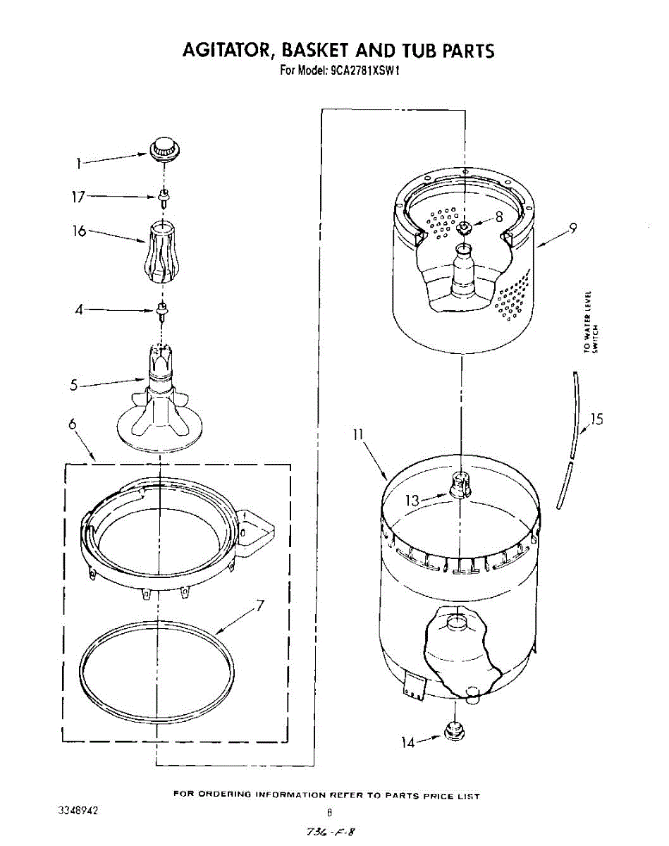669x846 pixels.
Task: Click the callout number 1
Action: click(79, 164)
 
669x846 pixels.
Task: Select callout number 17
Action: click(78, 197)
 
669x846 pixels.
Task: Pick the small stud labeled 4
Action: click(164, 309)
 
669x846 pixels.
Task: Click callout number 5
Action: click(73, 385)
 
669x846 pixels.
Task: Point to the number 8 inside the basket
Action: click(499, 217)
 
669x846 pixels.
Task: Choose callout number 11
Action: click(358, 435)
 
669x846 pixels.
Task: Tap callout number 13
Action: click(412, 501)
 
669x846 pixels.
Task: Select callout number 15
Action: click(596, 419)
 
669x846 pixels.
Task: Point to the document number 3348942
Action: click(78, 810)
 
